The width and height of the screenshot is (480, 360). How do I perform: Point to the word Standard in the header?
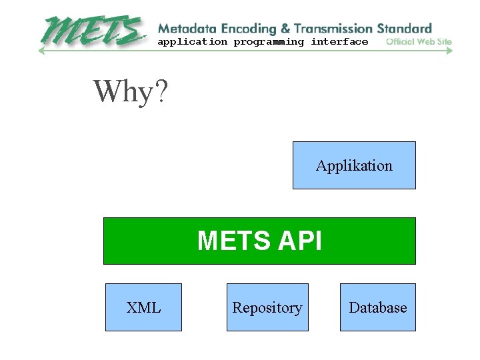404,29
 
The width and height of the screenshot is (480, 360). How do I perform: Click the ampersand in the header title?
285,29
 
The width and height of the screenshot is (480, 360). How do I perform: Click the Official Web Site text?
419,42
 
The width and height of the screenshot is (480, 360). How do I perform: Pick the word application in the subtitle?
192,42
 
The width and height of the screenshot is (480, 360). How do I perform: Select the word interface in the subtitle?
339,42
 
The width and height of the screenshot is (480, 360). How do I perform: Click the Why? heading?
131,91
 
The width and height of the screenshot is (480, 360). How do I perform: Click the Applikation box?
354,165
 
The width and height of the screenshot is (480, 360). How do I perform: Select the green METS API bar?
259,241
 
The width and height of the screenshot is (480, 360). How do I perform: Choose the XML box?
143,307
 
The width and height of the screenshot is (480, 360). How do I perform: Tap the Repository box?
267,307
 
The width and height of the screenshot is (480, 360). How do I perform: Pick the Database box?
377,307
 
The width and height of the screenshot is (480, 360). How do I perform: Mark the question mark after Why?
161,91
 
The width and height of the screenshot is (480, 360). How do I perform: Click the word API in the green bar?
297,241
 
